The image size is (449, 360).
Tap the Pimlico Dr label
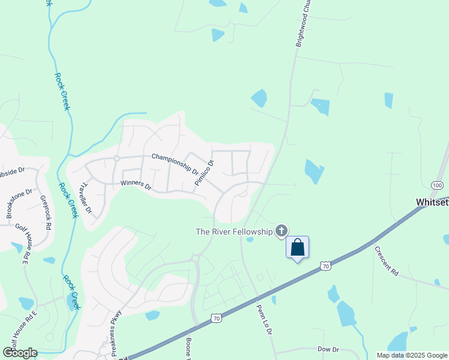[x=203, y=173]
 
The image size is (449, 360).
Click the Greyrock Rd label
[x=45, y=213]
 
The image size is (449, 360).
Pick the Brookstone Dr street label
[x=16, y=204]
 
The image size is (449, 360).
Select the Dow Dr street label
[x=328, y=349]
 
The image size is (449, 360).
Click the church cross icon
[x=282, y=231]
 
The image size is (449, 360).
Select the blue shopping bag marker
[x=298, y=247]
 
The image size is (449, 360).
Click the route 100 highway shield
[x=436, y=184]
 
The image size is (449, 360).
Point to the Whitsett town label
[x=432, y=203]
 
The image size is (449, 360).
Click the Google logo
[x=20, y=353]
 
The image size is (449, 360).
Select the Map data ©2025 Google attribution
[x=412, y=355]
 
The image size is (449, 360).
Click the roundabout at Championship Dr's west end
[x=116, y=158]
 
